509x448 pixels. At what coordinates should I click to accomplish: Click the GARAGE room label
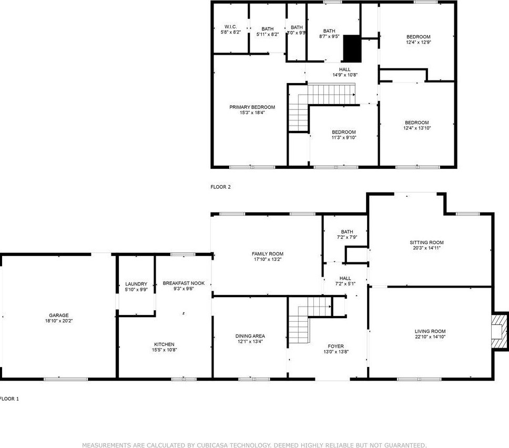click(59, 315)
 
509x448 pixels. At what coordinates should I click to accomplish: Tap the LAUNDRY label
click(136, 284)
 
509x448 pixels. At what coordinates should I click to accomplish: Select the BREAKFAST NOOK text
click(184, 283)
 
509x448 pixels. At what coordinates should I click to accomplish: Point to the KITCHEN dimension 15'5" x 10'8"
click(164, 350)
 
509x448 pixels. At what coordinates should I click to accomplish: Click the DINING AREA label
click(250, 336)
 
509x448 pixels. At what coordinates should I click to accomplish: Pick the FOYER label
click(335, 347)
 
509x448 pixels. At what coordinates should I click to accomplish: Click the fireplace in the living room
click(500, 331)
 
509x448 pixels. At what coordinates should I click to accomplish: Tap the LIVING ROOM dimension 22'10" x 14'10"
click(430, 337)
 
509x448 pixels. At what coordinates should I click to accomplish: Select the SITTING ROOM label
click(426, 242)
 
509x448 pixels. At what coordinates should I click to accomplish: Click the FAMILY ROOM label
click(268, 254)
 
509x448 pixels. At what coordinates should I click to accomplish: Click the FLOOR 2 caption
click(220, 187)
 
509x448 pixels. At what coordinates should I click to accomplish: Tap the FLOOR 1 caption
click(9, 399)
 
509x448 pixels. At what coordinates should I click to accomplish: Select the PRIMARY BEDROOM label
click(252, 107)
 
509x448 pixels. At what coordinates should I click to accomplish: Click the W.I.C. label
click(231, 27)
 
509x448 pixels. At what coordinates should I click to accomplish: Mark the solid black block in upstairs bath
click(352, 48)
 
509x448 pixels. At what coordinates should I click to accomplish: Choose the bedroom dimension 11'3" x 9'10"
click(344, 138)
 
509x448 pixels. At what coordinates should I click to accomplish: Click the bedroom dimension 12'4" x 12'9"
click(419, 42)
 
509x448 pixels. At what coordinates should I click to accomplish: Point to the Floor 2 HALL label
click(345, 69)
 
